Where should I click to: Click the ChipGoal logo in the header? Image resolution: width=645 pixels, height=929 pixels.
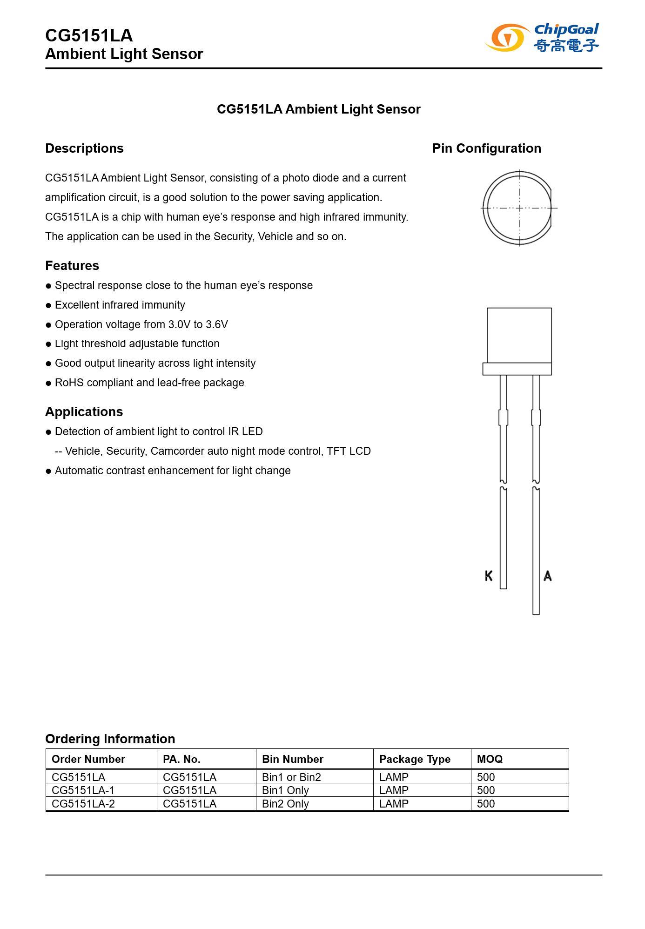pyautogui.click(x=542, y=37)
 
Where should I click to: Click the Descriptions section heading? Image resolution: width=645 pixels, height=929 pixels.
pyautogui.click(x=84, y=148)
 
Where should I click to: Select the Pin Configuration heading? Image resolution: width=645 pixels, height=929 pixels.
pyautogui.click(x=486, y=148)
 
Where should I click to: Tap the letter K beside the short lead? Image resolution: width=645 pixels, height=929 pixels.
pyautogui.click(x=488, y=576)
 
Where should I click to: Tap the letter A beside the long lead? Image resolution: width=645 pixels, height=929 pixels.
pyautogui.click(x=548, y=576)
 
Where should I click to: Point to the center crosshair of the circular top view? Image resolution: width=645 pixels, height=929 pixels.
pyautogui.click(x=519, y=208)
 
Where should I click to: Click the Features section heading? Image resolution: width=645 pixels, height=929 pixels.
pyautogui.click(x=72, y=266)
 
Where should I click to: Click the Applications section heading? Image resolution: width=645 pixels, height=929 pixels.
pyautogui.click(x=84, y=412)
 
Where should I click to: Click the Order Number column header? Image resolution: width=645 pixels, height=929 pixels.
pyautogui.click(x=88, y=759)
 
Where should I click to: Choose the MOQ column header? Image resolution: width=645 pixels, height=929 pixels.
pyautogui.click(x=490, y=759)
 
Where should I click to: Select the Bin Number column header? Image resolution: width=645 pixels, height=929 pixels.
pyautogui.click(x=292, y=759)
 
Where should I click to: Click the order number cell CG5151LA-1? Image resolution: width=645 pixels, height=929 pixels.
pyautogui.click(x=83, y=790)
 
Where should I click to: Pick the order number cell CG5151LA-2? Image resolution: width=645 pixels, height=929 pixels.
pyautogui.click(x=83, y=804)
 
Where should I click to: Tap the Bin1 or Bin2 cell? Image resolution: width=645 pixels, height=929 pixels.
pyautogui.click(x=291, y=777)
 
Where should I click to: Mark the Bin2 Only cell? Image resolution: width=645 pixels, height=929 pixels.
pyautogui.click(x=285, y=804)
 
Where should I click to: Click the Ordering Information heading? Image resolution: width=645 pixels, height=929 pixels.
pyautogui.click(x=110, y=739)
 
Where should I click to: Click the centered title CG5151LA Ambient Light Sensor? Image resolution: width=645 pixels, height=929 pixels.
pyautogui.click(x=318, y=109)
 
